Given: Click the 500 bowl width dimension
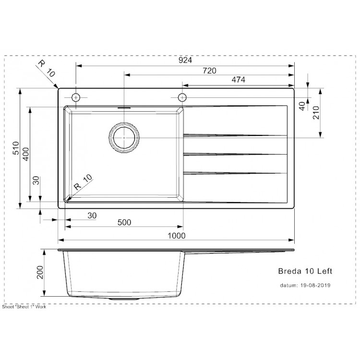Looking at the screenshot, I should pos(124,223).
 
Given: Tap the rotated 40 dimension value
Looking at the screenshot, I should pos(302,106).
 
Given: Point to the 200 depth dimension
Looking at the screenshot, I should pos(40,274).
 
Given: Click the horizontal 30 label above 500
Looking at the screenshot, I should pos(92,216).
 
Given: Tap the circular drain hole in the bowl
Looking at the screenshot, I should pos(124,138).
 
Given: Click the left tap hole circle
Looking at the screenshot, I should pos(75,97).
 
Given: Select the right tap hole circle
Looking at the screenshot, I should pos(182,97).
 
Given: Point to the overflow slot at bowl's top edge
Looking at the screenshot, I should pos(124,109).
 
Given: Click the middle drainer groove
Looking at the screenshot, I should pos(235,155).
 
